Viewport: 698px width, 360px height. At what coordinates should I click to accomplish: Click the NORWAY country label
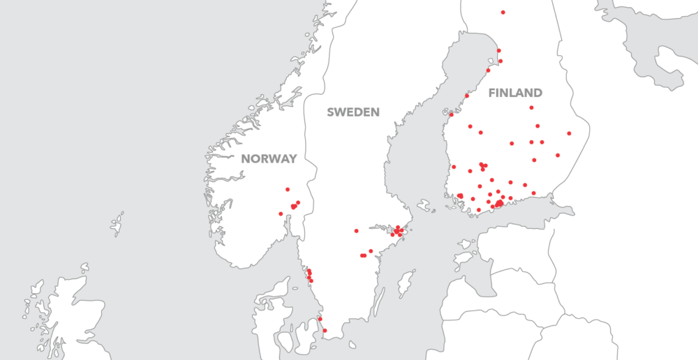(269, 159)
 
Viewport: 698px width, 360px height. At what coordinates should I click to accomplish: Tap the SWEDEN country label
(353, 112)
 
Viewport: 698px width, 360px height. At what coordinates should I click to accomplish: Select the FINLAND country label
(515, 93)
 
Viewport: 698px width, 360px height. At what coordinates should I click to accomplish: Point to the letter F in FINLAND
(491, 93)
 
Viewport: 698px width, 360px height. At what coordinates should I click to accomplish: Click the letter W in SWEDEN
(342, 112)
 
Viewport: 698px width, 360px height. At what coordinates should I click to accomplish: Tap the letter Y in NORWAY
(293, 159)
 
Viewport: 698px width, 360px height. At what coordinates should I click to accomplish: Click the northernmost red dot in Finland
(503, 13)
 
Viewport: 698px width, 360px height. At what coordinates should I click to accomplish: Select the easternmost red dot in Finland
(569, 133)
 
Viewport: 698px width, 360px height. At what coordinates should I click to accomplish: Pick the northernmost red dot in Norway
(288, 189)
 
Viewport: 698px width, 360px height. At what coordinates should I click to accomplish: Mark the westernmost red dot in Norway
(281, 213)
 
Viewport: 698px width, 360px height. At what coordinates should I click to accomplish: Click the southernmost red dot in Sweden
(325, 331)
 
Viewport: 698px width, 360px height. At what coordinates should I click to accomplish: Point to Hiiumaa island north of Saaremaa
(463, 244)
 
